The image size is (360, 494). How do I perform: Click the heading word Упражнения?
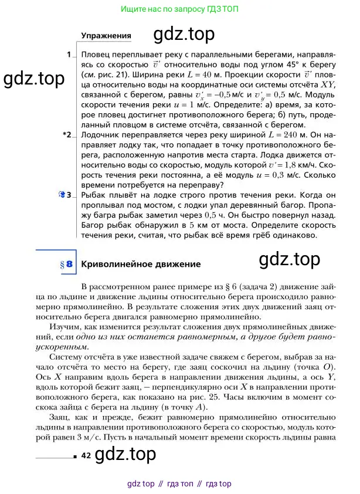click(106, 36)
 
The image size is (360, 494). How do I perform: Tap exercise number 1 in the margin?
click(69, 55)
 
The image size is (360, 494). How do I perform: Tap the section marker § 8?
click(66, 265)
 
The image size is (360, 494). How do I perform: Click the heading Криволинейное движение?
click(140, 264)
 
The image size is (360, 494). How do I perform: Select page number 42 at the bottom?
click(86, 455)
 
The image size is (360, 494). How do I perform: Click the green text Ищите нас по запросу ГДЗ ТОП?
click(179, 10)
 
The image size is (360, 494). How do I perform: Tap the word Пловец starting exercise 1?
click(94, 55)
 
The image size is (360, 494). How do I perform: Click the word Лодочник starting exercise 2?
click(98, 135)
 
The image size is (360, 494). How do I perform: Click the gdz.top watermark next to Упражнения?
click(184, 35)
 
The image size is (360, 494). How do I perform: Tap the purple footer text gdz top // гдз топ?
click(179, 483)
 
